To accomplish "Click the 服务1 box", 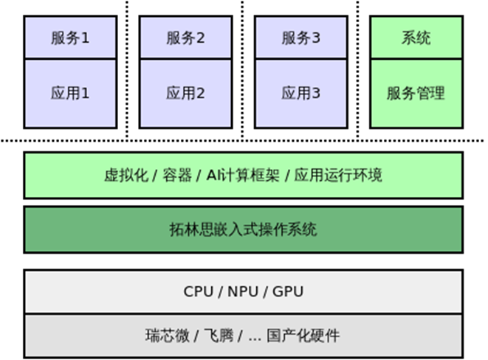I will point(70,37).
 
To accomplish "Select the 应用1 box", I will point(70,94).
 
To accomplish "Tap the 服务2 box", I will point(185,37).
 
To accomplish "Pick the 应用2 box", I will point(185,94).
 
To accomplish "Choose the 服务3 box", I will point(300,37).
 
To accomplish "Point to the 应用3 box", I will point(300,94).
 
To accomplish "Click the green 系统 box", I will point(416,37).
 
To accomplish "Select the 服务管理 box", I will point(416,94).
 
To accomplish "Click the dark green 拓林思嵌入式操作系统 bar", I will point(243,229).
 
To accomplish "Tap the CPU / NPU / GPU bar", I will point(243,291).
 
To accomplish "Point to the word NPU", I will point(243,291).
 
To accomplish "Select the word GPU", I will point(288,291).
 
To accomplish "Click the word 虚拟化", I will point(123,176).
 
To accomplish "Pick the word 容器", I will point(179,176).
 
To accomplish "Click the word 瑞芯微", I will point(165,336).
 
